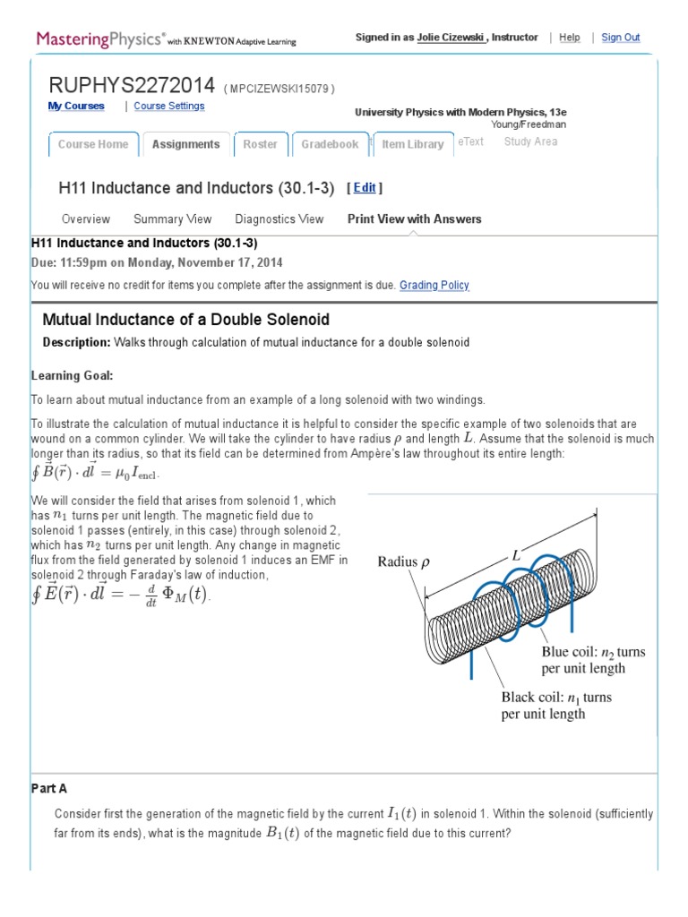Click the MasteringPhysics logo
100,39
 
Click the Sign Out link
620,38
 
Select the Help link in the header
569,38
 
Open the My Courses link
75,106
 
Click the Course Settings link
168,106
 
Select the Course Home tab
93,144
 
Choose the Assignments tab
185,144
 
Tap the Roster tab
260,144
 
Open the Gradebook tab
329,144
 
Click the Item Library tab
412,144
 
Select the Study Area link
530,141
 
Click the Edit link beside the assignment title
365,188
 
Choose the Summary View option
172,219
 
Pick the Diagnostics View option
279,219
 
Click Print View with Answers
414,219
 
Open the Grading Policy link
434,285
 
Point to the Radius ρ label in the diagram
403,562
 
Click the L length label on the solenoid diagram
516,556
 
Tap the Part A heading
49,788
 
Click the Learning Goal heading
72,375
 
